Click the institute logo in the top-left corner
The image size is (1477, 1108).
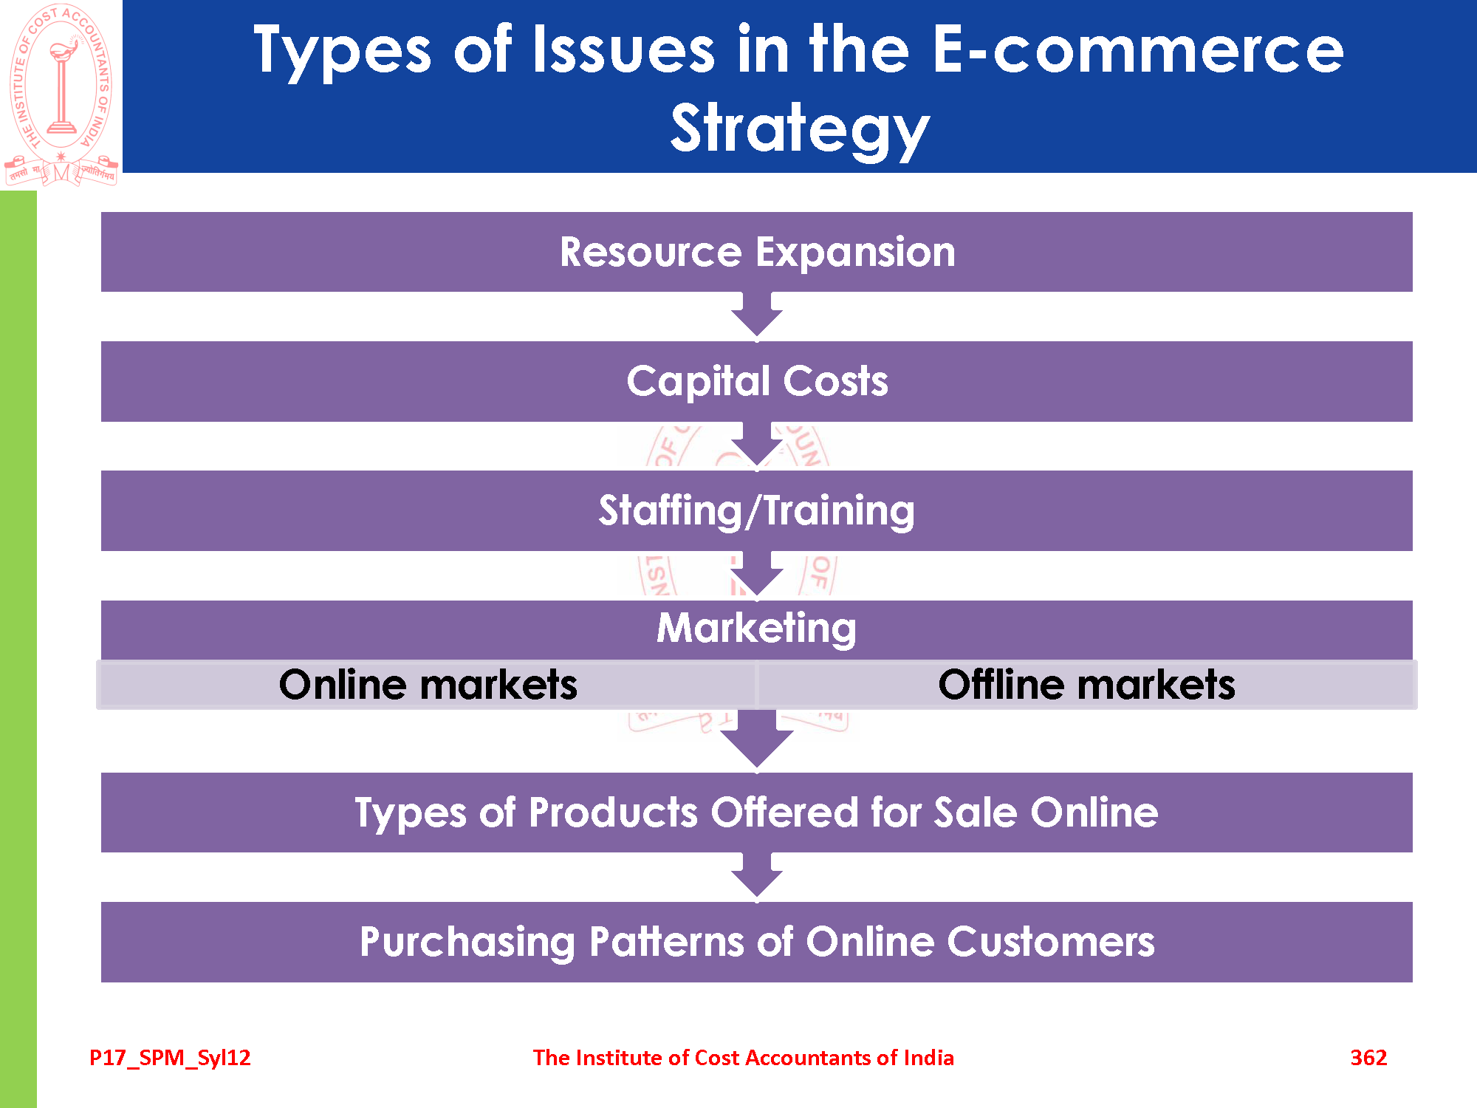[61, 95]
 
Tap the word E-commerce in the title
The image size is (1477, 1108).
[1138, 49]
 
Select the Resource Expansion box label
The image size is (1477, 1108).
[757, 252]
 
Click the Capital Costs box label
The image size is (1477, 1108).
[757, 381]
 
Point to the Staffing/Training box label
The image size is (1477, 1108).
[757, 510]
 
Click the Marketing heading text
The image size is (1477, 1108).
[757, 628]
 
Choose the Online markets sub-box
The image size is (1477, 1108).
[428, 685]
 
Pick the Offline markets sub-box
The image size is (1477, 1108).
[1086, 685]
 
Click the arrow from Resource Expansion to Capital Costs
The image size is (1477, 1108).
[757, 316]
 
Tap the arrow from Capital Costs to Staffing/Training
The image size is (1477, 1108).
[757, 445]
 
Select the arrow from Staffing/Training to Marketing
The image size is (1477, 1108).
[757, 575]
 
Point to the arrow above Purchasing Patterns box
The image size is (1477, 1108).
[757, 878]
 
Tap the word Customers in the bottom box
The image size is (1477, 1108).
[1051, 942]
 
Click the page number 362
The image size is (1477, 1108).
[1368, 1058]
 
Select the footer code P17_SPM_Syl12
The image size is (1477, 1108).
[170, 1059]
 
